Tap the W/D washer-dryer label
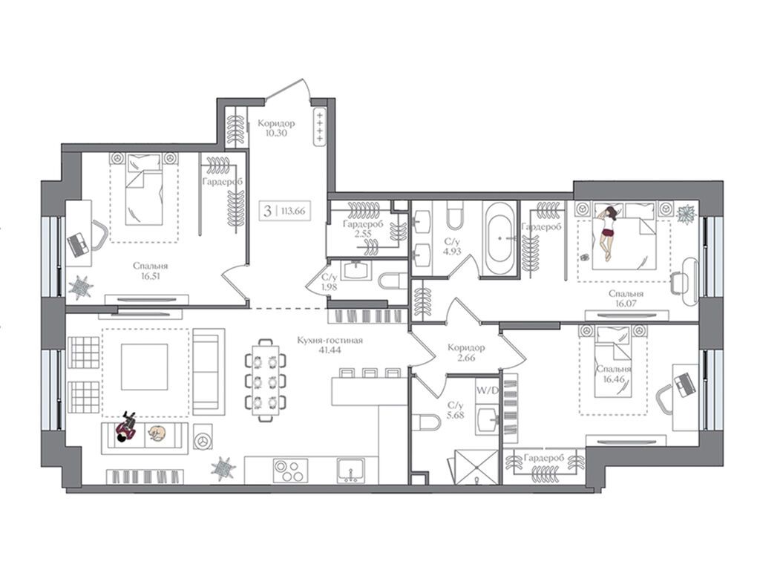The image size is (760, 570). pyautogui.click(x=487, y=390)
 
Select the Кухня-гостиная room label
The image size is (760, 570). pyautogui.click(x=330, y=341)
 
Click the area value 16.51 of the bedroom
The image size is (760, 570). pyautogui.click(x=150, y=277)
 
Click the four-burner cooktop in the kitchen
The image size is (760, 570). pyautogui.click(x=290, y=470)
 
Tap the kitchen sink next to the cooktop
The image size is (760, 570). pyautogui.click(x=350, y=470)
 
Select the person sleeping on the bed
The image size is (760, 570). pyautogui.click(x=607, y=232)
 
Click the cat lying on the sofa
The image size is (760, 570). pyautogui.click(x=157, y=433)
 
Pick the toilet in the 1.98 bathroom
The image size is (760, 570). pyautogui.click(x=393, y=280)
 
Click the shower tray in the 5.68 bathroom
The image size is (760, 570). pyautogui.click(x=476, y=468)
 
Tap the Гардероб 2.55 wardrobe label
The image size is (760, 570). pyautogui.click(x=362, y=229)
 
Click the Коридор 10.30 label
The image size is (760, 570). pyautogui.click(x=276, y=128)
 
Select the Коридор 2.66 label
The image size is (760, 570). pyautogui.click(x=466, y=353)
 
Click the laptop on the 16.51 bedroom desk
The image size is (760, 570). pyautogui.click(x=77, y=243)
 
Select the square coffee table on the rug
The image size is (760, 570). pyautogui.click(x=145, y=367)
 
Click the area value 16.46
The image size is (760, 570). pyautogui.click(x=614, y=379)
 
